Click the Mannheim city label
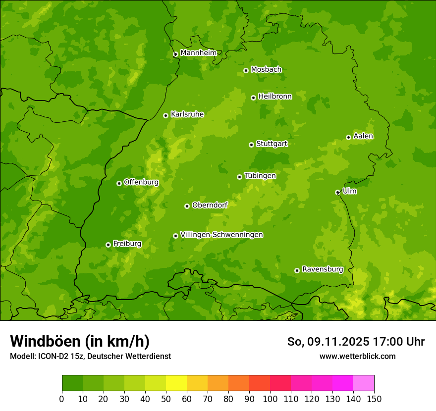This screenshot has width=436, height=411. [198, 52]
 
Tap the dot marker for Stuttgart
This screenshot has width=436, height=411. [251, 145]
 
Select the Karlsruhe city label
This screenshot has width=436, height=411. [187, 114]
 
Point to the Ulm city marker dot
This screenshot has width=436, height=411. [337, 192]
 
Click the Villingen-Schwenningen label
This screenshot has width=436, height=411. [221, 234]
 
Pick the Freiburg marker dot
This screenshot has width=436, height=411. [108, 245]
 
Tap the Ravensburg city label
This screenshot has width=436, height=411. [322, 269]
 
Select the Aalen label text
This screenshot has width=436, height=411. [363, 136]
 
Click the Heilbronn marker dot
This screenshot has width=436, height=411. [253, 98]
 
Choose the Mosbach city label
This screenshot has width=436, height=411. [266, 69]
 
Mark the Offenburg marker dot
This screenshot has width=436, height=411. [119, 183]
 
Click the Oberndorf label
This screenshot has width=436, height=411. [210, 205]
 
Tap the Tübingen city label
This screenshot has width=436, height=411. [260, 175]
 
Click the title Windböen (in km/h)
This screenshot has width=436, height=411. [80, 341]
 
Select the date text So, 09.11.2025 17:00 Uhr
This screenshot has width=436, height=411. [356, 342]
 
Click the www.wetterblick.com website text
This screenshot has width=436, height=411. [357, 356]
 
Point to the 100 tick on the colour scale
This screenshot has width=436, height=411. [270, 398]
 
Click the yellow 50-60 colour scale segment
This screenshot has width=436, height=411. [176, 383]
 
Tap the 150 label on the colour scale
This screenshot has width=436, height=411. [374, 398]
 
